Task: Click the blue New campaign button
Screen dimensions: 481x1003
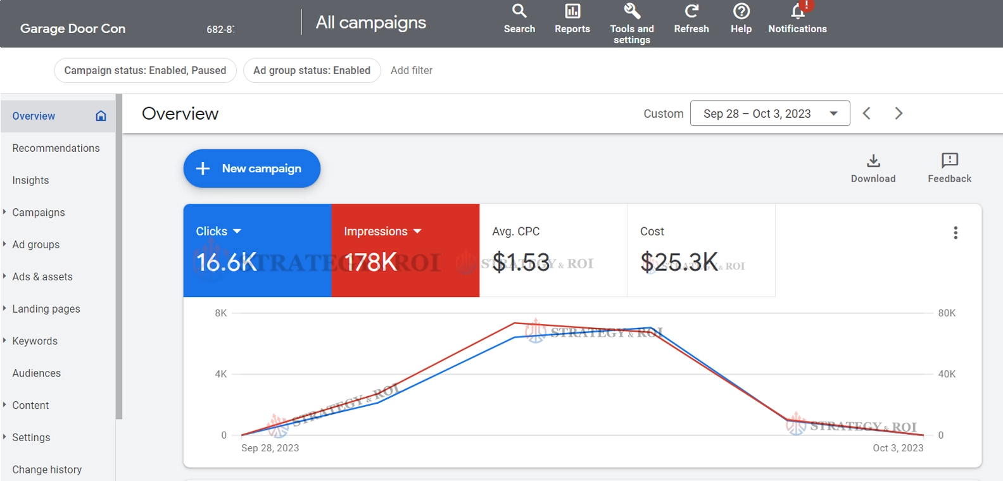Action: tap(251, 168)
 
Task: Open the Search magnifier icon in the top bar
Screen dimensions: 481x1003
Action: tap(519, 11)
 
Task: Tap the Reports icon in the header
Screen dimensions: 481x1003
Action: tap(572, 11)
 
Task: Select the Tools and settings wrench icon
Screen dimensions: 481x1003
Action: tap(632, 11)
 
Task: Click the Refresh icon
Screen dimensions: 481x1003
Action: tap(691, 11)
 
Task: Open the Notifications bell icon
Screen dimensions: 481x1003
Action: tap(798, 11)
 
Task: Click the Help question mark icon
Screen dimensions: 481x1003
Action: tap(741, 11)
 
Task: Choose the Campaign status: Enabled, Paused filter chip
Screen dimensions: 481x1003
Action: tap(145, 70)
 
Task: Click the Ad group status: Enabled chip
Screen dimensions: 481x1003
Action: tap(312, 70)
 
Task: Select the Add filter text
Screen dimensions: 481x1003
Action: tap(412, 70)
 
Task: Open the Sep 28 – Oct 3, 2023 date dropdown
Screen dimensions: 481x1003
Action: tap(769, 113)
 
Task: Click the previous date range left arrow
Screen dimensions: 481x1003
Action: tap(867, 113)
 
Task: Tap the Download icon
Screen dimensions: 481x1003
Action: tap(873, 161)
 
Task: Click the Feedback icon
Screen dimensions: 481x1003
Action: tap(949, 161)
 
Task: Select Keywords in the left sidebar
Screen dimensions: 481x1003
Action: tap(35, 341)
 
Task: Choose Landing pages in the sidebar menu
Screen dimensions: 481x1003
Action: tap(46, 309)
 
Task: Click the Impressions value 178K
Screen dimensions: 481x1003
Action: tap(370, 262)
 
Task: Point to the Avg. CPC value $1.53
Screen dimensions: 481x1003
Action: tap(520, 262)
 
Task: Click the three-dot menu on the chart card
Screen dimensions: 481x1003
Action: tap(956, 233)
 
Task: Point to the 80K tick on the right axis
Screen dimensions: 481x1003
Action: tap(947, 313)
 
